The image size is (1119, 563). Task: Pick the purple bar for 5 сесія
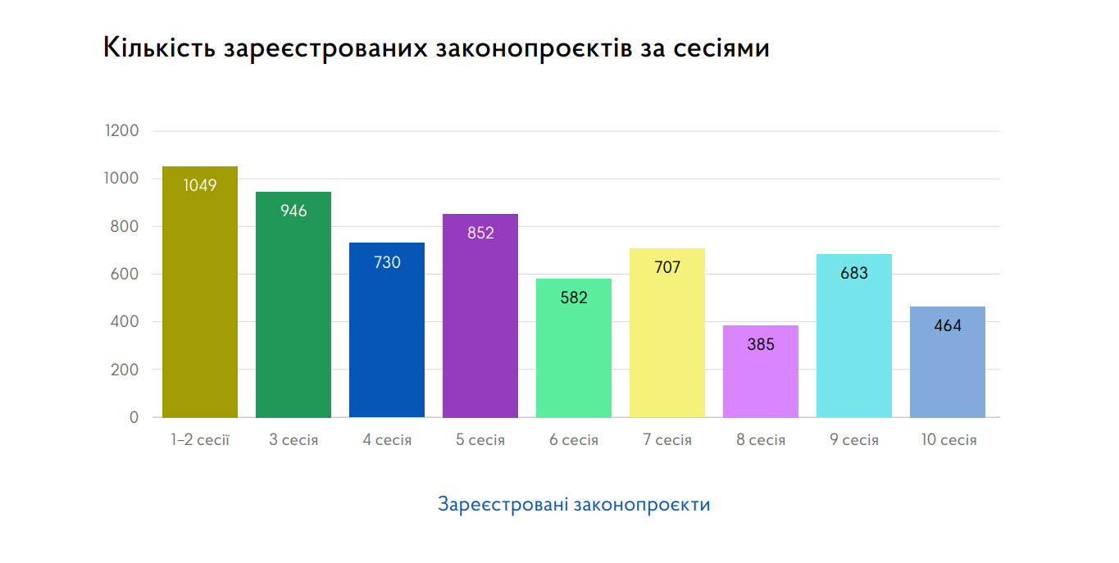tap(480, 328)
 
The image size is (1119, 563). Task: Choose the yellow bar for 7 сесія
tap(667, 344)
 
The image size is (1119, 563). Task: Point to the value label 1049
tap(200, 185)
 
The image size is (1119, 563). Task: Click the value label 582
tap(574, 297)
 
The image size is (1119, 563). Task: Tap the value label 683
tap(854, 273)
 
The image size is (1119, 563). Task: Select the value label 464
tap(948, 325)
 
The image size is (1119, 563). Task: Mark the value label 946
tap(293, 211)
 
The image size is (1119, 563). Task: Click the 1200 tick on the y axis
tap(122, 131)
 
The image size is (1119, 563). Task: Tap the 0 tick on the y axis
tap(134, 417)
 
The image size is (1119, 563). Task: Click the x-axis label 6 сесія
tap(574, 440)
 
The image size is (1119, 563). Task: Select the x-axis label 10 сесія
tap(948, 440)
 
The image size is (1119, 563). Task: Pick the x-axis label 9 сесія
tap(854, 440)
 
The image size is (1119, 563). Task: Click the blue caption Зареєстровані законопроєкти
tap(574, 504)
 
